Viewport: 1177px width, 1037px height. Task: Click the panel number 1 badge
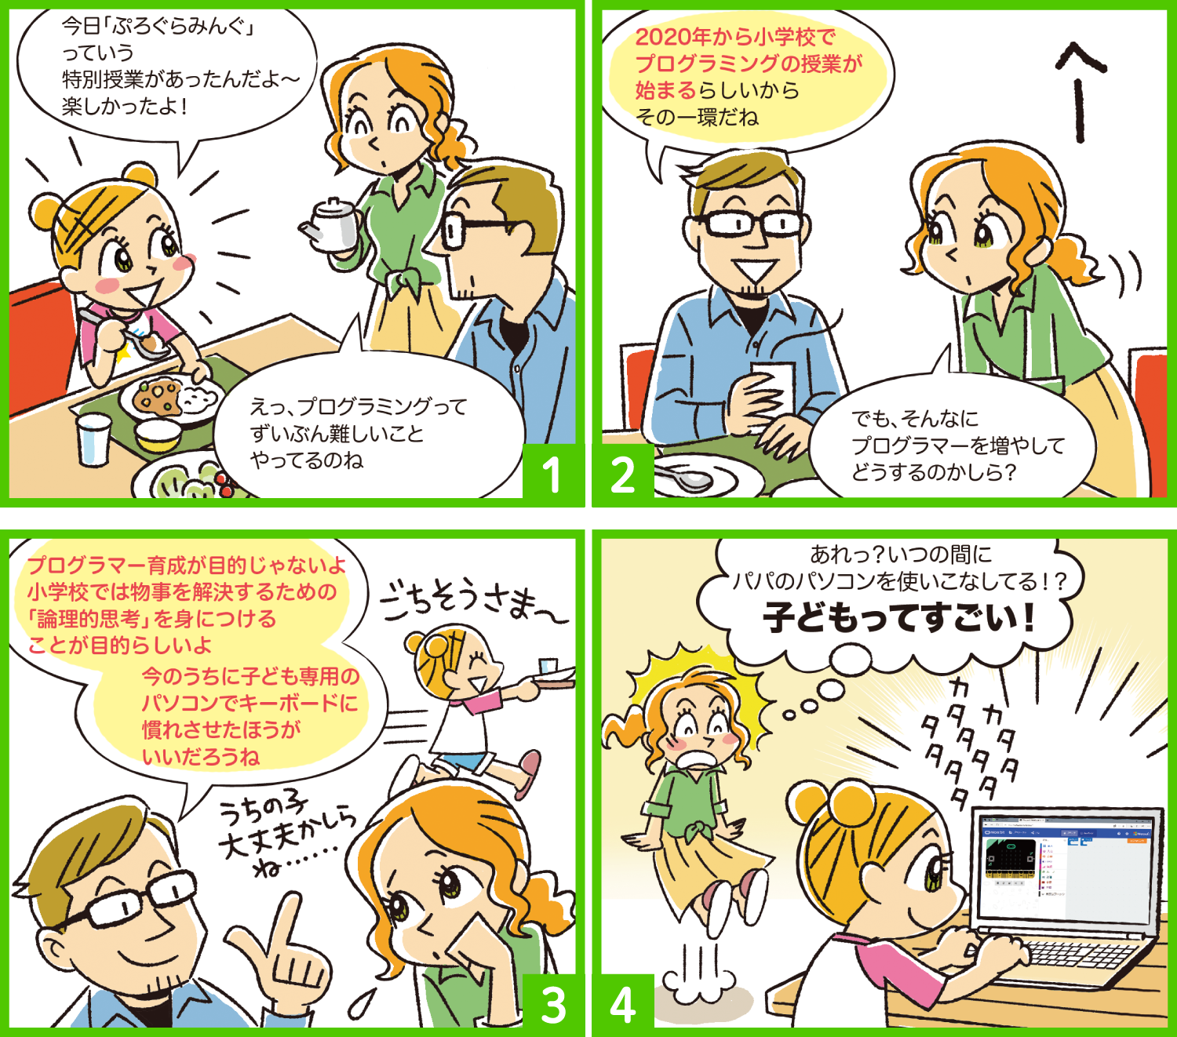pyautogui.click(x=552, y=473)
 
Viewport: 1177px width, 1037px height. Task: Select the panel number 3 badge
pyautogui.click(x=552, y=1003)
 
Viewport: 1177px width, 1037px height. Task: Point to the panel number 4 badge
pyautogui.click(x=623, y=1003)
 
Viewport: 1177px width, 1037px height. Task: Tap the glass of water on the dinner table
pyautogui.click(x=94, y=438)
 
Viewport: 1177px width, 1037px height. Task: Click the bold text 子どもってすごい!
pyautogui.click(x=899, y=617)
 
